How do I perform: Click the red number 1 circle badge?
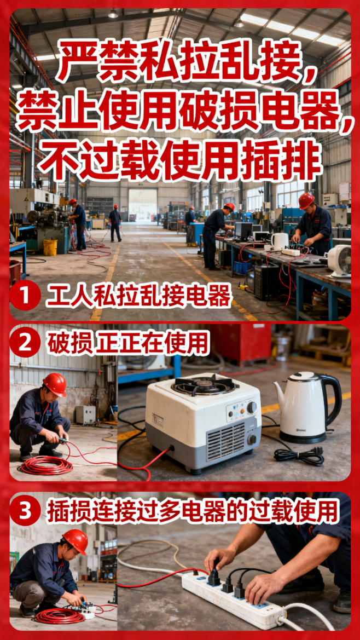(24, 296)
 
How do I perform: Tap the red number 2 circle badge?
(24, 343)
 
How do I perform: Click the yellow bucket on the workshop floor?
(50, 247)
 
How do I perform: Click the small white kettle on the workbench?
(279, 241)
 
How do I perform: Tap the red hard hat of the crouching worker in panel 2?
(55, 384)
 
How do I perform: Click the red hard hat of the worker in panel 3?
(76, 541)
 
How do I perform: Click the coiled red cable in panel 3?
(60, 615)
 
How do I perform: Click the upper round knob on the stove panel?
(252, 407)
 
